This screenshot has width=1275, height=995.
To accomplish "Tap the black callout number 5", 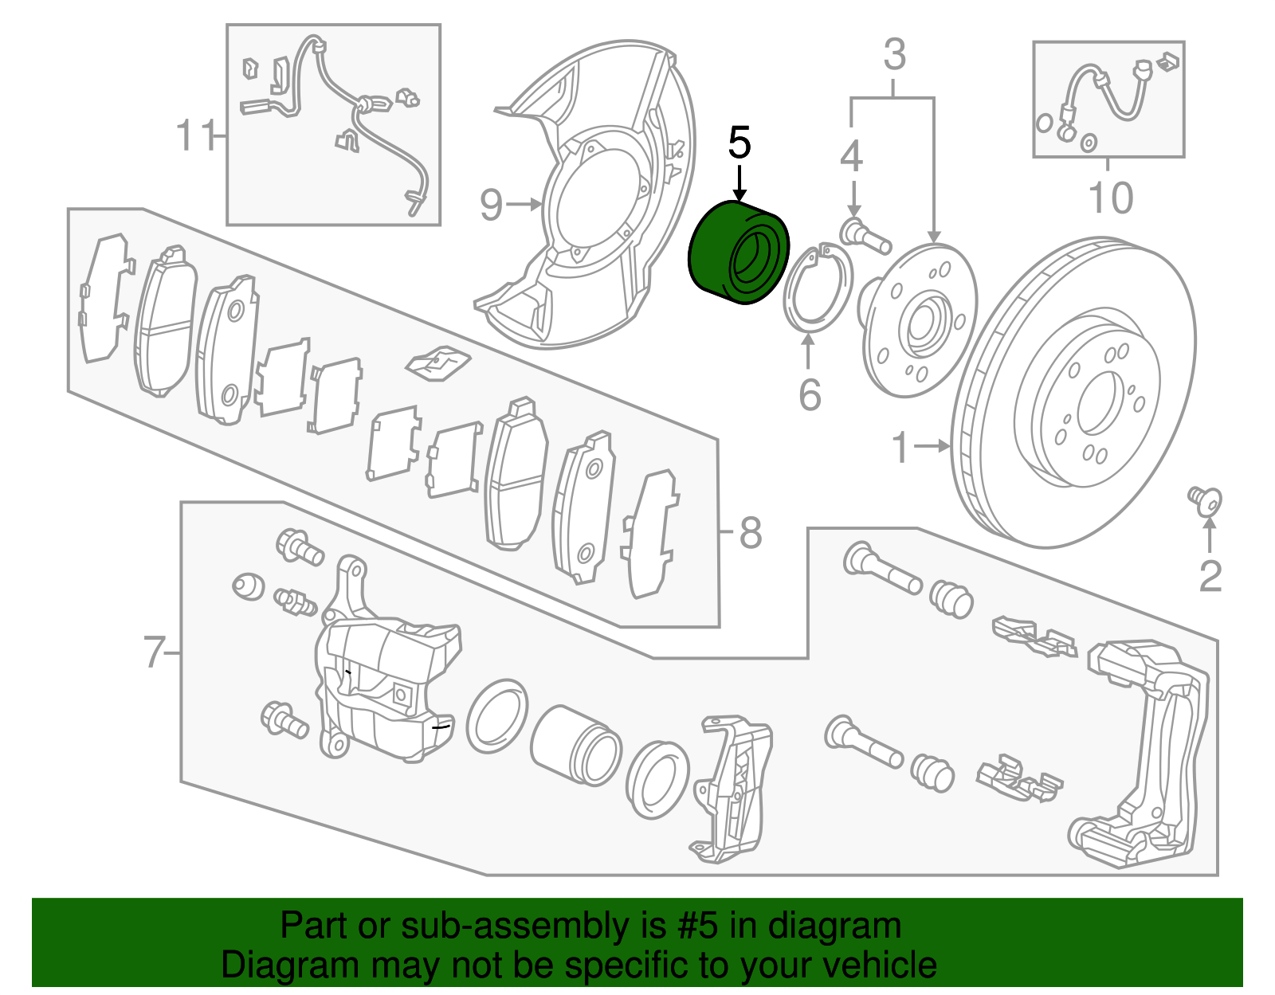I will [x=739, y=143].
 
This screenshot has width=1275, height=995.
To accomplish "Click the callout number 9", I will [x=492, y=205].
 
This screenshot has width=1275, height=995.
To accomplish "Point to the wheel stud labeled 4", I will [x=865, y=237].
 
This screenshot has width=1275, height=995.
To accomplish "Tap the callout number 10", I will [x=1110, y=198].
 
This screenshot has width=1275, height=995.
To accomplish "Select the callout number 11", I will [x=194, y=136].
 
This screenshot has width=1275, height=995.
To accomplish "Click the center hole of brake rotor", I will [x=1101, y=404].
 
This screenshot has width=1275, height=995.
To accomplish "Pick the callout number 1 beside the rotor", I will [x=900, y=447].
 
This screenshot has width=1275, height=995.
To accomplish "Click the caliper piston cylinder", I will [x=574, y=743].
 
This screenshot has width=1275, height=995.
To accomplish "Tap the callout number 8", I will [x=750, y=532].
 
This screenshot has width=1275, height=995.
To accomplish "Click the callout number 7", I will [x=154, y=652].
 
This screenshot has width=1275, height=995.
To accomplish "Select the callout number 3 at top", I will [x=894, y=54].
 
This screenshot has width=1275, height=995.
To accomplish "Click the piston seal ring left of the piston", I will [x=496, y=716].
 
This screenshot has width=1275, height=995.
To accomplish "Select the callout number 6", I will [x=810, y=394].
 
